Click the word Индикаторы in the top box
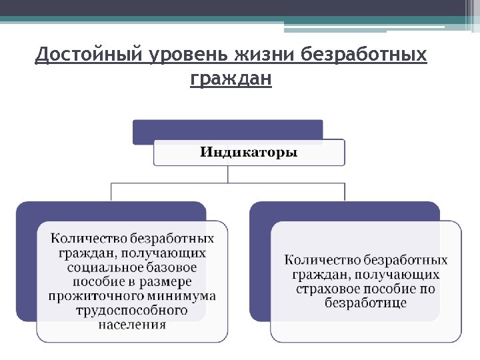click(x=249, y=152)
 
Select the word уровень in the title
click(x=175, y=54)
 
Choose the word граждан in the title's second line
click(x=231, y=79)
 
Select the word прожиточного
click(x=91, y=296)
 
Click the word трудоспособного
click(x=131, y=311)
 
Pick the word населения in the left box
click(x=131, y=325)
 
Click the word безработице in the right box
click(x=365, y=303)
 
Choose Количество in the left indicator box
click(x=89, y=238)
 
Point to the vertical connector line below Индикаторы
click(x=228, y=174)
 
